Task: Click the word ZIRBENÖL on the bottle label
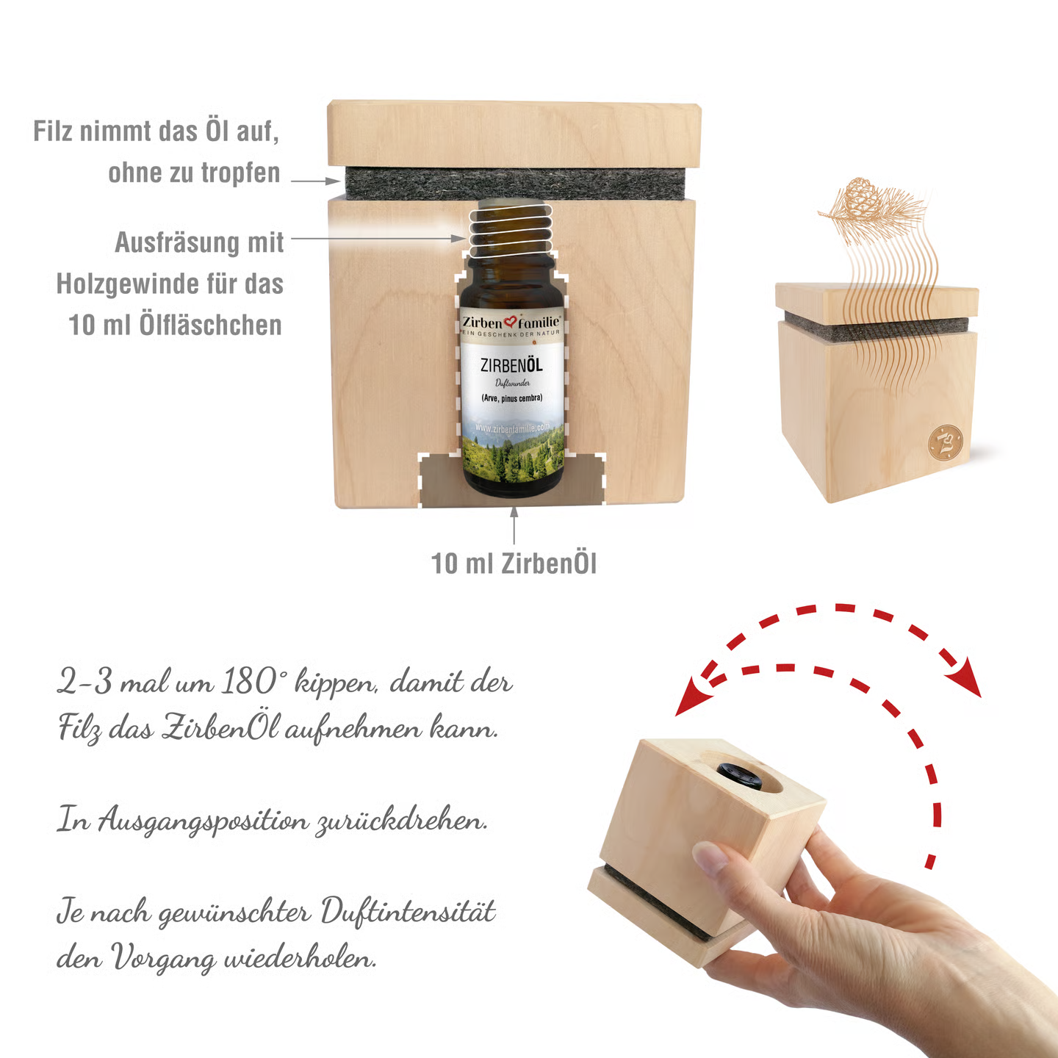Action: tap(511, 365)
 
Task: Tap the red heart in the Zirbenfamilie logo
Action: tap(511, 322)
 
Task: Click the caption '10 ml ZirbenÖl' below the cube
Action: tap(514, 564)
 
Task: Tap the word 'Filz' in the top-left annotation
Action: tap(54, 132)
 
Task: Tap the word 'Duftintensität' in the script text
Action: tap(408, 913)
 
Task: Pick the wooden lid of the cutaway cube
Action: tap(514, 134)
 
